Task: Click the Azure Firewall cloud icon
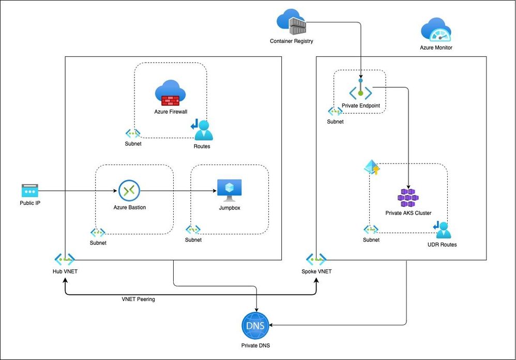pyautogui.click(x=170, y=93)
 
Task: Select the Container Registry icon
pyautogui.click(x=292, y=22)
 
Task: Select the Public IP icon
pyautogui.click(x=29, y=190)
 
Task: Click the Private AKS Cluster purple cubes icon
pyautogui.click(x=408, y=198)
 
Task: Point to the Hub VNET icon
pyautogui.click(x=65, y=259)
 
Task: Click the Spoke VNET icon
pyautogui.click(x=316, y=259)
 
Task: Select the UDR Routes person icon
pyautogui.click(x=443, y=230)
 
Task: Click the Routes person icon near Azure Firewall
pyautogui.click(x=202, y=130)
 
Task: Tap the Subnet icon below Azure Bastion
pyautogui.click(x=98, y=233)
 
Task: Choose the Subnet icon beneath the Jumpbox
pyautogui.click(x=193, y=230)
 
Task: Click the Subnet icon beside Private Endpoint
pyautogui.click(x=335, y=111)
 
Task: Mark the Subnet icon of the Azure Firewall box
pyautogui.click(x=133, y=133)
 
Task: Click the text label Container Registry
pyautogui.click(x=291, y=41)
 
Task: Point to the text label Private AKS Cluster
pyautogui.click(x=408, y=213)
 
